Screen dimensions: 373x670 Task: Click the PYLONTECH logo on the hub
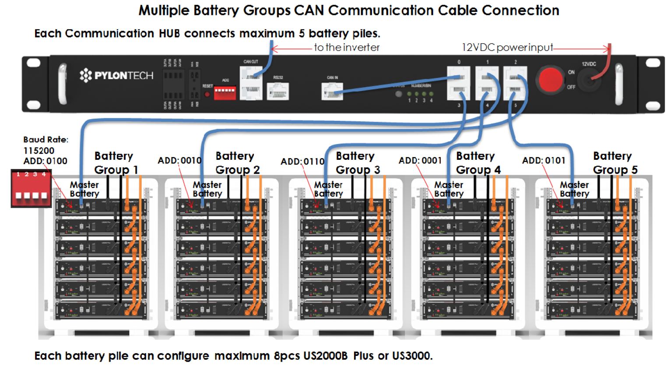point(117,75)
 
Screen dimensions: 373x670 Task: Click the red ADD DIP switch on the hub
point(225,92)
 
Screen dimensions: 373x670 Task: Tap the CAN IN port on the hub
point(332,91)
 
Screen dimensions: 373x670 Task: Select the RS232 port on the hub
point(278,91)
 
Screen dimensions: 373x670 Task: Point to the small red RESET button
point(207,94)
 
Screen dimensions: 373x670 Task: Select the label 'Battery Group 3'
point(358,163)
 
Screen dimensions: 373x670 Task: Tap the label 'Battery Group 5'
point(615,163)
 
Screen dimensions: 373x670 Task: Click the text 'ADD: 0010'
point(179,161)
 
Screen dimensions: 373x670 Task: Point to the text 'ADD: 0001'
point(420,161)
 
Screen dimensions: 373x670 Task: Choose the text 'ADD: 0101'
point(544,161)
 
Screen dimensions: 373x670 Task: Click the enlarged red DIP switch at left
point(31,189)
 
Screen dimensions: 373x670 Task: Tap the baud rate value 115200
point(39,151)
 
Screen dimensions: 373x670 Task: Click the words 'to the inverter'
point(347,47)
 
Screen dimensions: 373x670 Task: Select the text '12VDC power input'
point(507,47)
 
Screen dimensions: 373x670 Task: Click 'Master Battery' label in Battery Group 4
point(449,189)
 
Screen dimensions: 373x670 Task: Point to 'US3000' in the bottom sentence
point(411,355)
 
